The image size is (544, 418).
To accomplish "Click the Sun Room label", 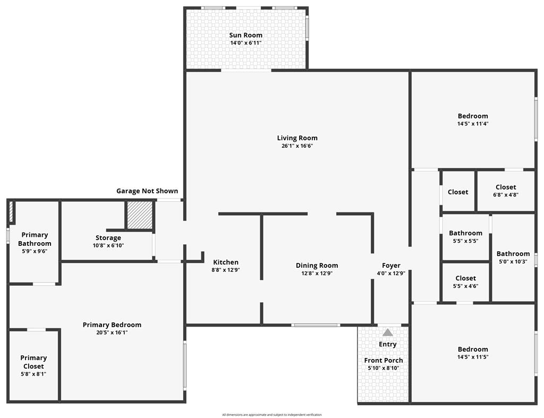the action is (x=245, y=35).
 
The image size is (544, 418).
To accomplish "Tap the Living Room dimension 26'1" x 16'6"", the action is (x=297, y=146).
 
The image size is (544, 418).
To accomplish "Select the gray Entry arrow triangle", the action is (x=387, y=332).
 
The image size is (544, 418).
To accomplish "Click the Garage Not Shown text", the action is (x=147, y=191).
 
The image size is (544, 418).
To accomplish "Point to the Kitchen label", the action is (x=226, y=262).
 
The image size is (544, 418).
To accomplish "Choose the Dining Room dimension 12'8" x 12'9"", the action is (x=317, y=274).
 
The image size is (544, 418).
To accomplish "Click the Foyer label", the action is (x=391, y=266).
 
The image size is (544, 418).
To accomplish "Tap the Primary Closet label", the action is (x=33, y=362).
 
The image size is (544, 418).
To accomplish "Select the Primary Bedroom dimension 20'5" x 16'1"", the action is (x=112, y=332).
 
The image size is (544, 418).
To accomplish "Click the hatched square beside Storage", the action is (x=140, y=215).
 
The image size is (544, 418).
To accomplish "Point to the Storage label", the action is (x=108, y=237).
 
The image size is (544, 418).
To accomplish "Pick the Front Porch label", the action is (x=384, y=361).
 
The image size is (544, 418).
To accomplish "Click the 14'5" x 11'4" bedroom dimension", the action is (x=473, y=124).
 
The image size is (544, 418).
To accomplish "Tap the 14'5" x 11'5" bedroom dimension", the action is (x=473, y=357).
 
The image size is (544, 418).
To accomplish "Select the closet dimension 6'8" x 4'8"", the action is (x=506, y=195).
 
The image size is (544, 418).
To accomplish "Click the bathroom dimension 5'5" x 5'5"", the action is (x=465, y=241).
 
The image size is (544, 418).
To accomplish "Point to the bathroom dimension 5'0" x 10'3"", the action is (x=513, y=262).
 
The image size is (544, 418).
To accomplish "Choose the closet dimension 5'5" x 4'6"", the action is (x=465, y=286).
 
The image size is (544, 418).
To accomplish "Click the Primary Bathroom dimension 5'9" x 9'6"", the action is (x=35, y=252).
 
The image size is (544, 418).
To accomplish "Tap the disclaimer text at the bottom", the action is (x=272, y=414).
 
